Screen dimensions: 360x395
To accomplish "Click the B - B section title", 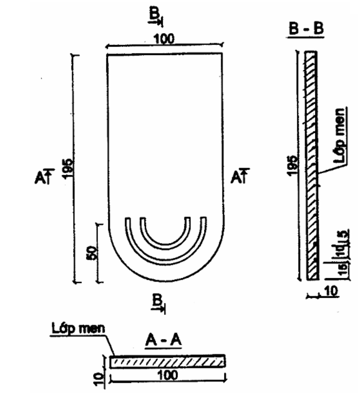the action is [306, 29].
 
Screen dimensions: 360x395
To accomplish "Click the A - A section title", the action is [164, 340].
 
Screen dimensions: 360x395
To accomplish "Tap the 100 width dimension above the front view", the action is [164, 39].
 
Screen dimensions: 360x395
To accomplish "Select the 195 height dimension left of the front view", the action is [68, 169].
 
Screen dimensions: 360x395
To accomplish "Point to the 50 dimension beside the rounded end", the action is [91, 253].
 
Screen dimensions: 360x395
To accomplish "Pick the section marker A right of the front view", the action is [240, 176].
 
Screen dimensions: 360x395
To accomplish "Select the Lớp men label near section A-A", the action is [78, 329].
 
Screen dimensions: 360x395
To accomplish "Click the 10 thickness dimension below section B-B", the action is [330, 291].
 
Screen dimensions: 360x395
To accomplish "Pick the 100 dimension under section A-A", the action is [168, 375].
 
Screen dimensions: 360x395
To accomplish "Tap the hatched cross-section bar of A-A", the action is [167, 361].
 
